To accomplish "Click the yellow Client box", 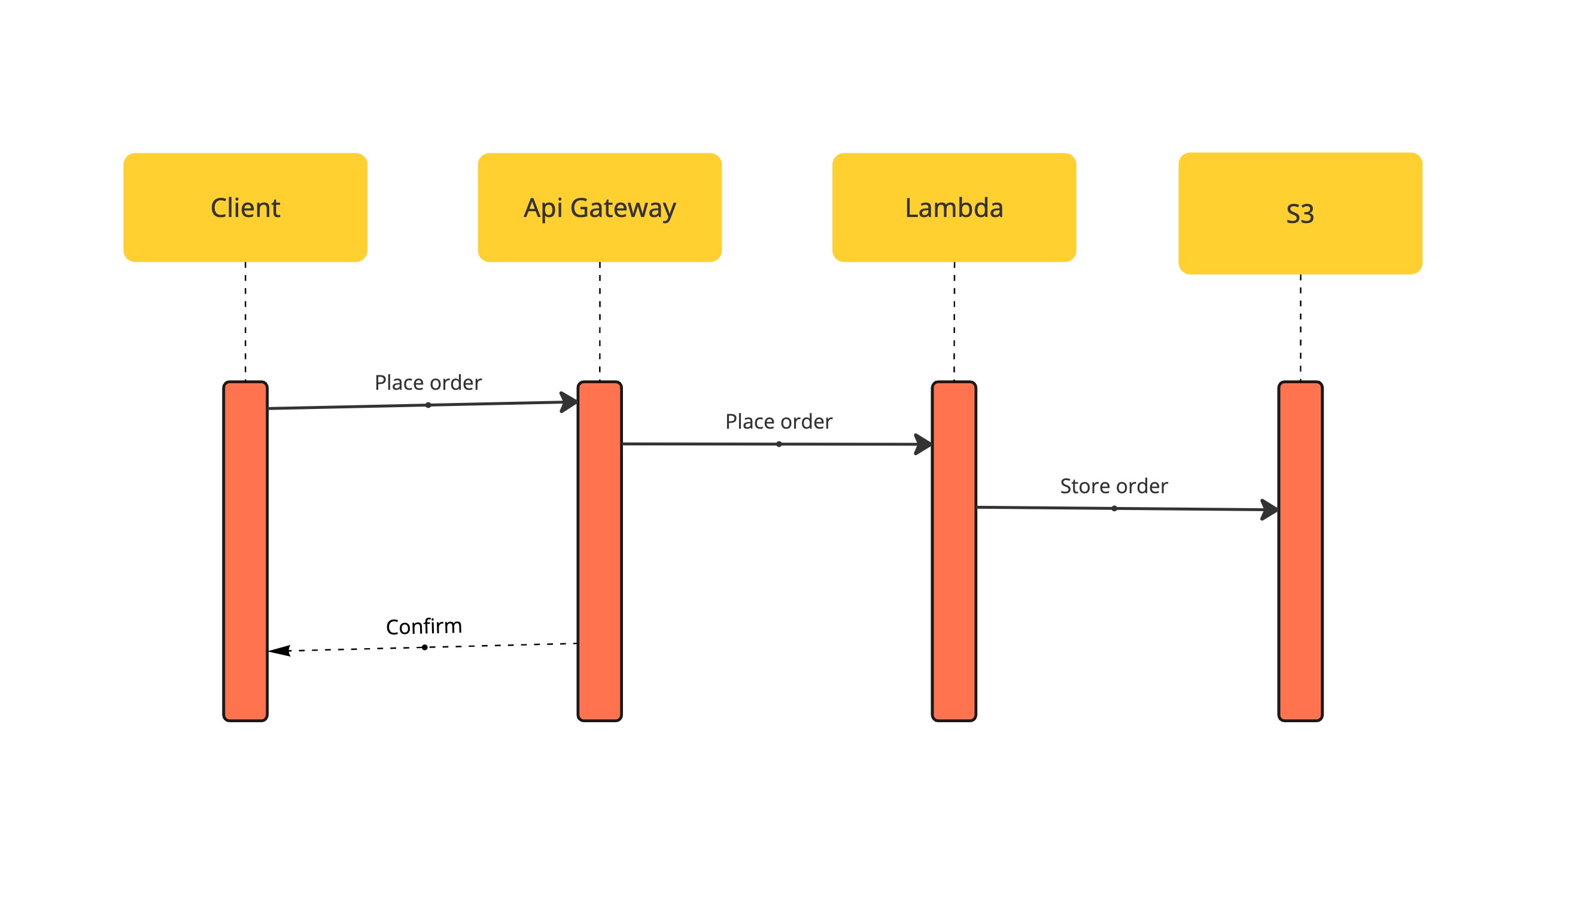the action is pyautogui.click(x=245, y=207).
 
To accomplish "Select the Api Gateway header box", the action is pyautogui.click(x=599, y=207).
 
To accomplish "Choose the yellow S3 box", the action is pyautogui.click(x=1300, y=213).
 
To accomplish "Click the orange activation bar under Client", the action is pyautogui.click(x=245, y=551).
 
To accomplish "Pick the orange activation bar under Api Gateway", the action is pyautogui.click(x=600, y=551).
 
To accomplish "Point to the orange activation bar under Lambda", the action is pyautogui.click(x=954, y=551).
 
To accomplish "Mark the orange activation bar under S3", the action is pyautogui.click(x=1300, y=551).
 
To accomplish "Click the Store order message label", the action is pyautogui.click(x=1114, y=486).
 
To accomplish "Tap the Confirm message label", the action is pyautogui.click(x=424, y=626).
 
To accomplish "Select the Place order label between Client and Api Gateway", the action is pyautogui.click(x=428, y=383).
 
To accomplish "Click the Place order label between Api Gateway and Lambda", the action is pyautogui.click(x=779, y=421).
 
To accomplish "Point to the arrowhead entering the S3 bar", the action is pyautogui.click(x=1270, y=510).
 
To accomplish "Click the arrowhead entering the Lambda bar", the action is pyautogui.click(x=923, y=444).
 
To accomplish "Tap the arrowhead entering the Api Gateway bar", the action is pyautogui.click(x=569, y=402).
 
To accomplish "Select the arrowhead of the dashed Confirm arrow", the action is pyautogui.click(x=279, y=651).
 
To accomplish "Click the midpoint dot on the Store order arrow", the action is pyautogui.click(x=1114, y=509).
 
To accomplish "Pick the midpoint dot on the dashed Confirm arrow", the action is pyautogui.click(x=424, y=647).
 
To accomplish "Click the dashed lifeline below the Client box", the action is pyautogui.click(x=245, y=322).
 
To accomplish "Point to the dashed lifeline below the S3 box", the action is pyautogui.click(x=1300, y=328).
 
